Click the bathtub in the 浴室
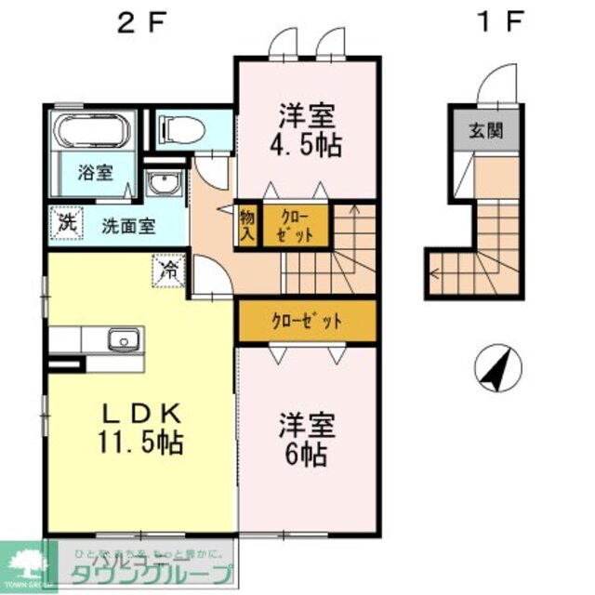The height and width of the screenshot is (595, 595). click(92, 130)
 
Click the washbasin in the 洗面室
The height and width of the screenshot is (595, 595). click(163, 185)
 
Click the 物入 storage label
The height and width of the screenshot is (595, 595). click(246, 225)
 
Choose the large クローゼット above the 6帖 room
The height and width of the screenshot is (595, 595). click(307, 321)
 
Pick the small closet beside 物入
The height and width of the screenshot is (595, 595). click(294, 225)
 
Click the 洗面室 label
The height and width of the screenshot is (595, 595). click(128, 225)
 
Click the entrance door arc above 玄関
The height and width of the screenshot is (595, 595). click(492, 88)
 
